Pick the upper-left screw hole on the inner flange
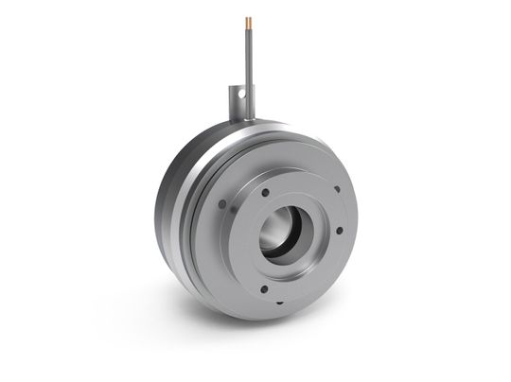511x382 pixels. click(266, 192)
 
